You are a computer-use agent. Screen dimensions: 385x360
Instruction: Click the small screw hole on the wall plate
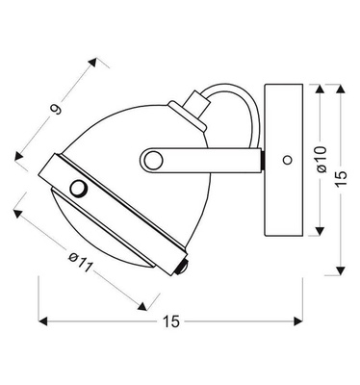[286, 157]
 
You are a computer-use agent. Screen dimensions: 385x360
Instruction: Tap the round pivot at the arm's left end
[151, 159]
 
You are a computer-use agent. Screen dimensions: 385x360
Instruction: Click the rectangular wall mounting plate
[285, 158]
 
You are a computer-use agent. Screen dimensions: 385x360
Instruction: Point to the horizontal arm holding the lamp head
[202, 159]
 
